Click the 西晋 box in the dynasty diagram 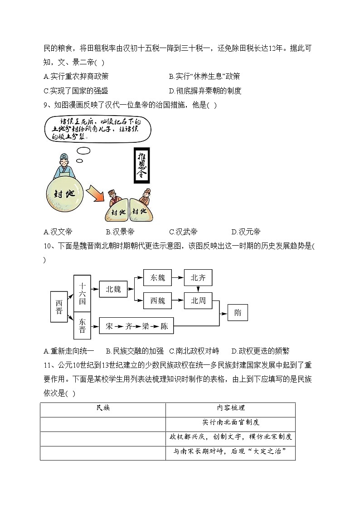58,307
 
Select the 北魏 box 113,289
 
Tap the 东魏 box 157,277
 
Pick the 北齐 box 198,277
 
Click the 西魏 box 157,300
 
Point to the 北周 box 198,300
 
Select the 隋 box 238,313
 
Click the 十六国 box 82,293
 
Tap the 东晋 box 82,325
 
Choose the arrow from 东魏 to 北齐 178,277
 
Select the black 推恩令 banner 144,165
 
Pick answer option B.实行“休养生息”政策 204,76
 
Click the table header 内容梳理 230,408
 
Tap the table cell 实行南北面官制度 230,422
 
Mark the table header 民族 103,408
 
